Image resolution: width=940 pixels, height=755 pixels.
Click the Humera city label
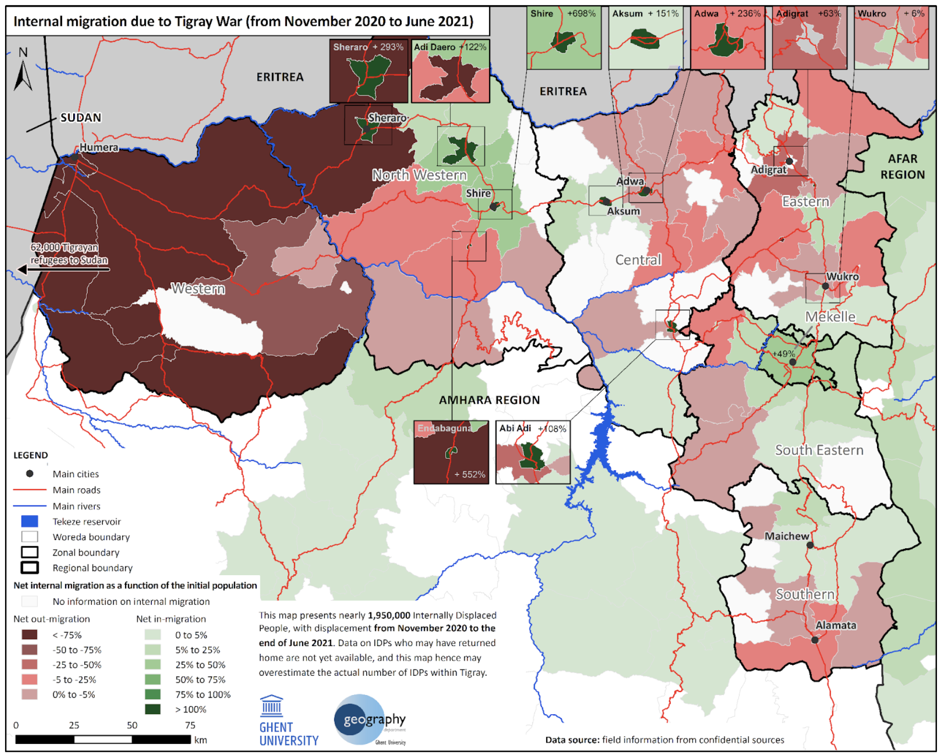99,147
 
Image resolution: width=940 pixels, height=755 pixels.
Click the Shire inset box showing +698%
564,38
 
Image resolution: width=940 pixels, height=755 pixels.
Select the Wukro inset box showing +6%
891,38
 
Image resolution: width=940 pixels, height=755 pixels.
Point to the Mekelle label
830,317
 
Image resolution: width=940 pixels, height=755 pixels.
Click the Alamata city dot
814,640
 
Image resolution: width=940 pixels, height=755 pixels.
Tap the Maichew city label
786,536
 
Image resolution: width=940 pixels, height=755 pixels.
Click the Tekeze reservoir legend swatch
30,521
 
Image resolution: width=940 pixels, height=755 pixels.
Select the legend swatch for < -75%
30,635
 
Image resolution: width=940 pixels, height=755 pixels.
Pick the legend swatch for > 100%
153,709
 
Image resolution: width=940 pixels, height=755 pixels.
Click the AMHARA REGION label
489,400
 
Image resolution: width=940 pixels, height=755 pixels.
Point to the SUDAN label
81,117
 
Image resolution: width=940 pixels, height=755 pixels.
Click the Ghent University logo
288,721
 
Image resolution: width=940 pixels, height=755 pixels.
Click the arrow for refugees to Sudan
63,269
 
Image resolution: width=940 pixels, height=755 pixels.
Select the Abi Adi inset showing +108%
533,452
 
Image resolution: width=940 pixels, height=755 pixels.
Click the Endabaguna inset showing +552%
451,452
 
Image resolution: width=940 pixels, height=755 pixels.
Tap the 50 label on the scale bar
132,725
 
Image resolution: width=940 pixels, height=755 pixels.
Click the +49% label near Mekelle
783,353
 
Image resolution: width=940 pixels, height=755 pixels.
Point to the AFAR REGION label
902,166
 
